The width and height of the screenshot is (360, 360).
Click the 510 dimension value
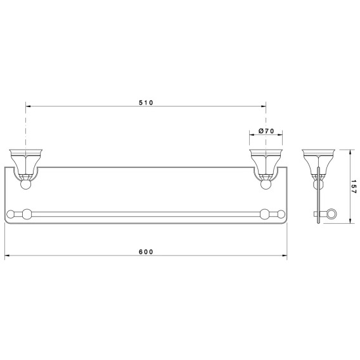(146, 103)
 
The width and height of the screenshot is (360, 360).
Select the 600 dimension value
(146, 252)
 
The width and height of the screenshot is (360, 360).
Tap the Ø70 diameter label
(266, 131)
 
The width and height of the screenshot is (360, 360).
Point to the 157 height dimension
(354, 187)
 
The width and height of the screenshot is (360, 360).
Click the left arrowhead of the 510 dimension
(28, 106)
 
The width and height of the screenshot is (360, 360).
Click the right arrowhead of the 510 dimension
(263, 106)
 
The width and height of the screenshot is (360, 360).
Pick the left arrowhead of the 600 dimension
(7, 255)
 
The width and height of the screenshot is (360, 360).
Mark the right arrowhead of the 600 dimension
(285, 255)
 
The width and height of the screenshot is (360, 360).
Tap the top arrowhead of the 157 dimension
(350, 152)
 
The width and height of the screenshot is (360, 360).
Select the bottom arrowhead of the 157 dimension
(350, 221)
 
